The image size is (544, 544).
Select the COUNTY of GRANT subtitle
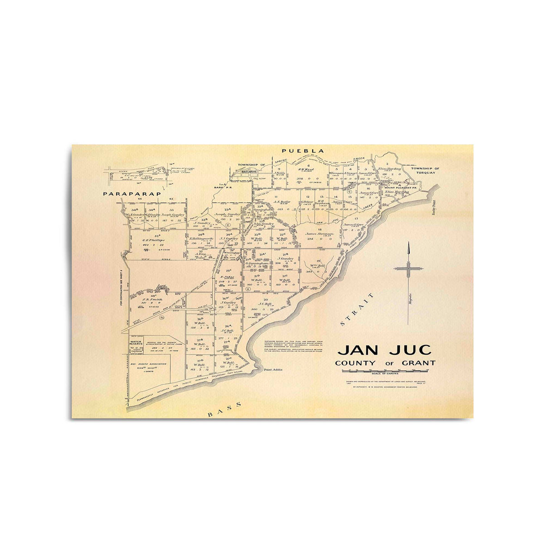click(x=385, y=363)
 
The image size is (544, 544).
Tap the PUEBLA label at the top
click(x=303, y=151)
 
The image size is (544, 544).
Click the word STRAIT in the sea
click(x=357, y=310)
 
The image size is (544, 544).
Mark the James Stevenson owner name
click(x=320, y=234)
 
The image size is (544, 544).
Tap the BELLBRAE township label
click(x=245, y=173)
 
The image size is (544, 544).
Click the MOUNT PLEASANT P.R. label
click(x=397, y=187)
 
